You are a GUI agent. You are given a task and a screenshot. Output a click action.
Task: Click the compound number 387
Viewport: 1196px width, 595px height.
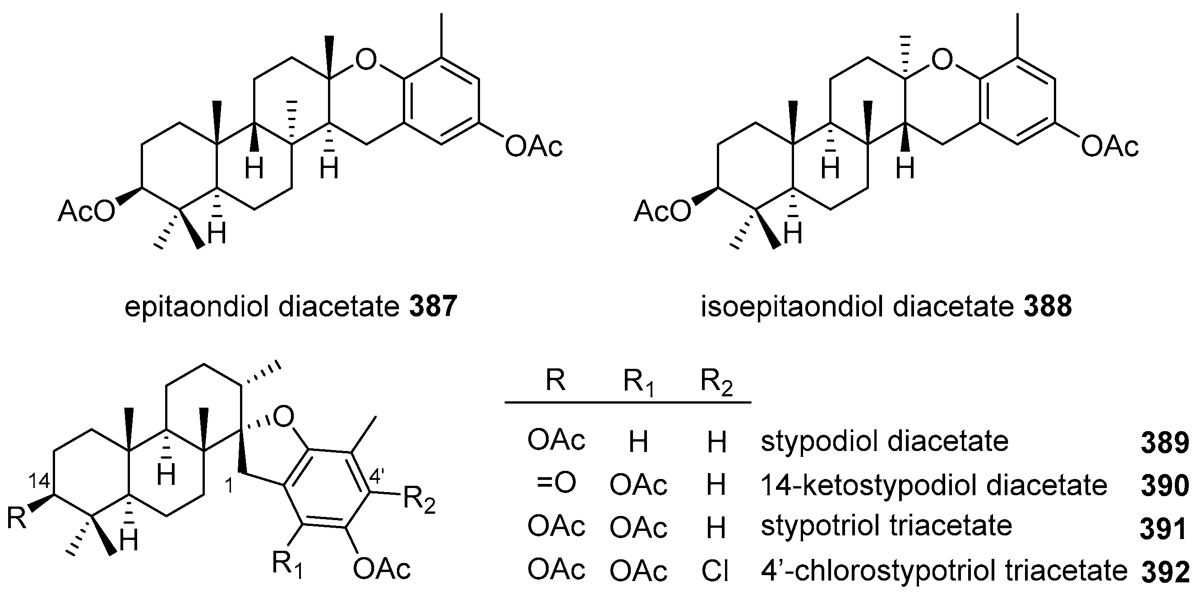[433, 307]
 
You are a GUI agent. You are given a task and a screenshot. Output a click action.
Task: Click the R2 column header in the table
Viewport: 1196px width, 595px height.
[716, 383]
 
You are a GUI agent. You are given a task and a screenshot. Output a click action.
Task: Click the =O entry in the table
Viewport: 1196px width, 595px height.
[556, 483]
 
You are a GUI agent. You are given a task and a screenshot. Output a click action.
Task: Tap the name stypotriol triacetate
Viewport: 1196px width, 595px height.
[886, 526]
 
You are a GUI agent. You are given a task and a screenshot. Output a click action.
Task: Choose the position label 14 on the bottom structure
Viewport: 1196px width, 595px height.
[39, 482]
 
